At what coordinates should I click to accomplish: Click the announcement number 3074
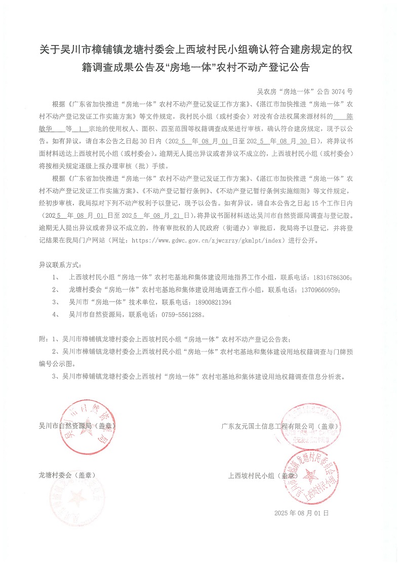tap(337, 92)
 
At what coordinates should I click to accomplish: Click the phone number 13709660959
tap(318, 290)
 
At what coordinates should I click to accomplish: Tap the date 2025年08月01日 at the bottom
tap(301, 513)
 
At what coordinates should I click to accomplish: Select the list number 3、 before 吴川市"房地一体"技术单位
tap(56, 302)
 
